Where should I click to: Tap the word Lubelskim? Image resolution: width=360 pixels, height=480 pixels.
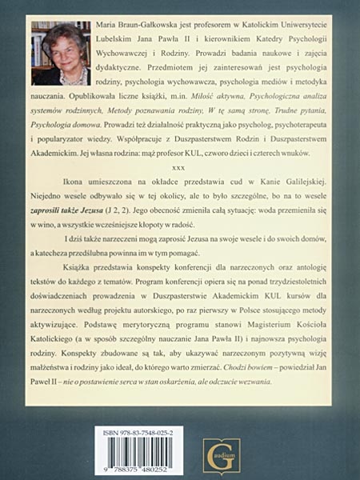tap(111, 42)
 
